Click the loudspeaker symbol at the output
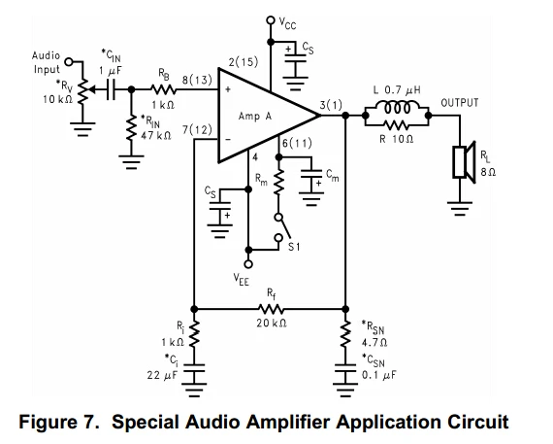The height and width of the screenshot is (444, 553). click(x=464, y=162)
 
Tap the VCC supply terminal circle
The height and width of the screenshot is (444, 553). click(x=270, y=20)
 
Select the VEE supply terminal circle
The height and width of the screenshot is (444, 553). click(x=248, y=264)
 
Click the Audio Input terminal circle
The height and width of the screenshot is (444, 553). click(x=69, y=62)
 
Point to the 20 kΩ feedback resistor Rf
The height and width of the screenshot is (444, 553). click(x=271, y=309)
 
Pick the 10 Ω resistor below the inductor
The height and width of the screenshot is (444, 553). click(x=397, y=124)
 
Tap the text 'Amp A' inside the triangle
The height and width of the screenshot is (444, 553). click(x=255, y=117)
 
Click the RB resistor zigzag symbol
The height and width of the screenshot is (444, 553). click(x=163, y=89)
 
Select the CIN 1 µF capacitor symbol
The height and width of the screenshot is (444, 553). click(x=111, y=89)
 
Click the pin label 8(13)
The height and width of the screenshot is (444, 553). click(x=197, y=80)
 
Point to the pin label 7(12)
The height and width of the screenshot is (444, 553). click(x=197, y=130)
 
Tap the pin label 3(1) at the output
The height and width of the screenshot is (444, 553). click(x=331, y=105)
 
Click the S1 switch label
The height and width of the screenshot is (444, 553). click(x=294, y=247)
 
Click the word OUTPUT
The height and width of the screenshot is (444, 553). click(x=460, y=103)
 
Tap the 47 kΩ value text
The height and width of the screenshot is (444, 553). click(x=156, y=135)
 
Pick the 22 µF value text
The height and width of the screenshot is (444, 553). click(x=162, y=375)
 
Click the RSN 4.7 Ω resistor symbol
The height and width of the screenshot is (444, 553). click(x=345, y=334)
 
